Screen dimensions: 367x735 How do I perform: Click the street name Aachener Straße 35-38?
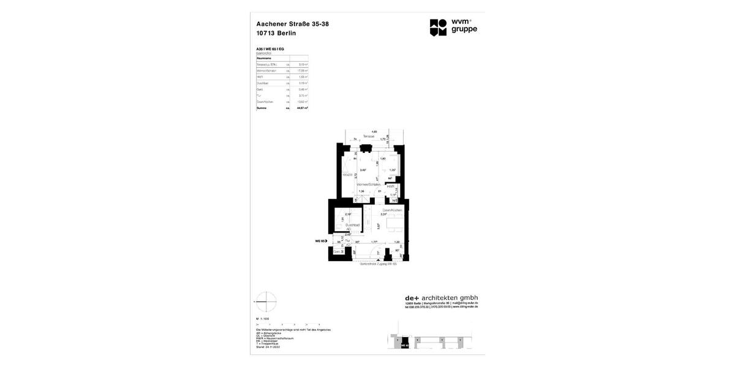point(292,24)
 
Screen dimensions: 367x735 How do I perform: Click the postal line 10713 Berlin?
point(276,33)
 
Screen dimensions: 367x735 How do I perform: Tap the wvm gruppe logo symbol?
point(438,27)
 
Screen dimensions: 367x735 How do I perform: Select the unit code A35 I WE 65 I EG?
point(270,49)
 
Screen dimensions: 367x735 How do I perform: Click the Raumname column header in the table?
point(264,58)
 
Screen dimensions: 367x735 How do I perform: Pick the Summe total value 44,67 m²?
point(302,108)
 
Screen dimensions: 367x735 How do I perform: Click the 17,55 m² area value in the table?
point(302,70)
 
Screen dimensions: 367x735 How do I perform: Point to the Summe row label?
point(262,108)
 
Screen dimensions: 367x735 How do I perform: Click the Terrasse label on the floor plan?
point(368,136)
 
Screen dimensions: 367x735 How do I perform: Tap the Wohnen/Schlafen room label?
point(369,184)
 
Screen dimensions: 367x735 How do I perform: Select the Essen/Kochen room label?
point(392,210)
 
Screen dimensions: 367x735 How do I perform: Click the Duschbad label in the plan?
point(352,225)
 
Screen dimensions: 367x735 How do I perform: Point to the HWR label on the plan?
point(390,187)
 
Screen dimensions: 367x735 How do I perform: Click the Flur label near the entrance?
point(348,241)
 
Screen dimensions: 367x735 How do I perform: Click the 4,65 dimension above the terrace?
point(374,131)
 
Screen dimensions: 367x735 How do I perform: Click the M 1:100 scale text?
point(263,319)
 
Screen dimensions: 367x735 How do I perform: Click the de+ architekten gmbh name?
point(441,298)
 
